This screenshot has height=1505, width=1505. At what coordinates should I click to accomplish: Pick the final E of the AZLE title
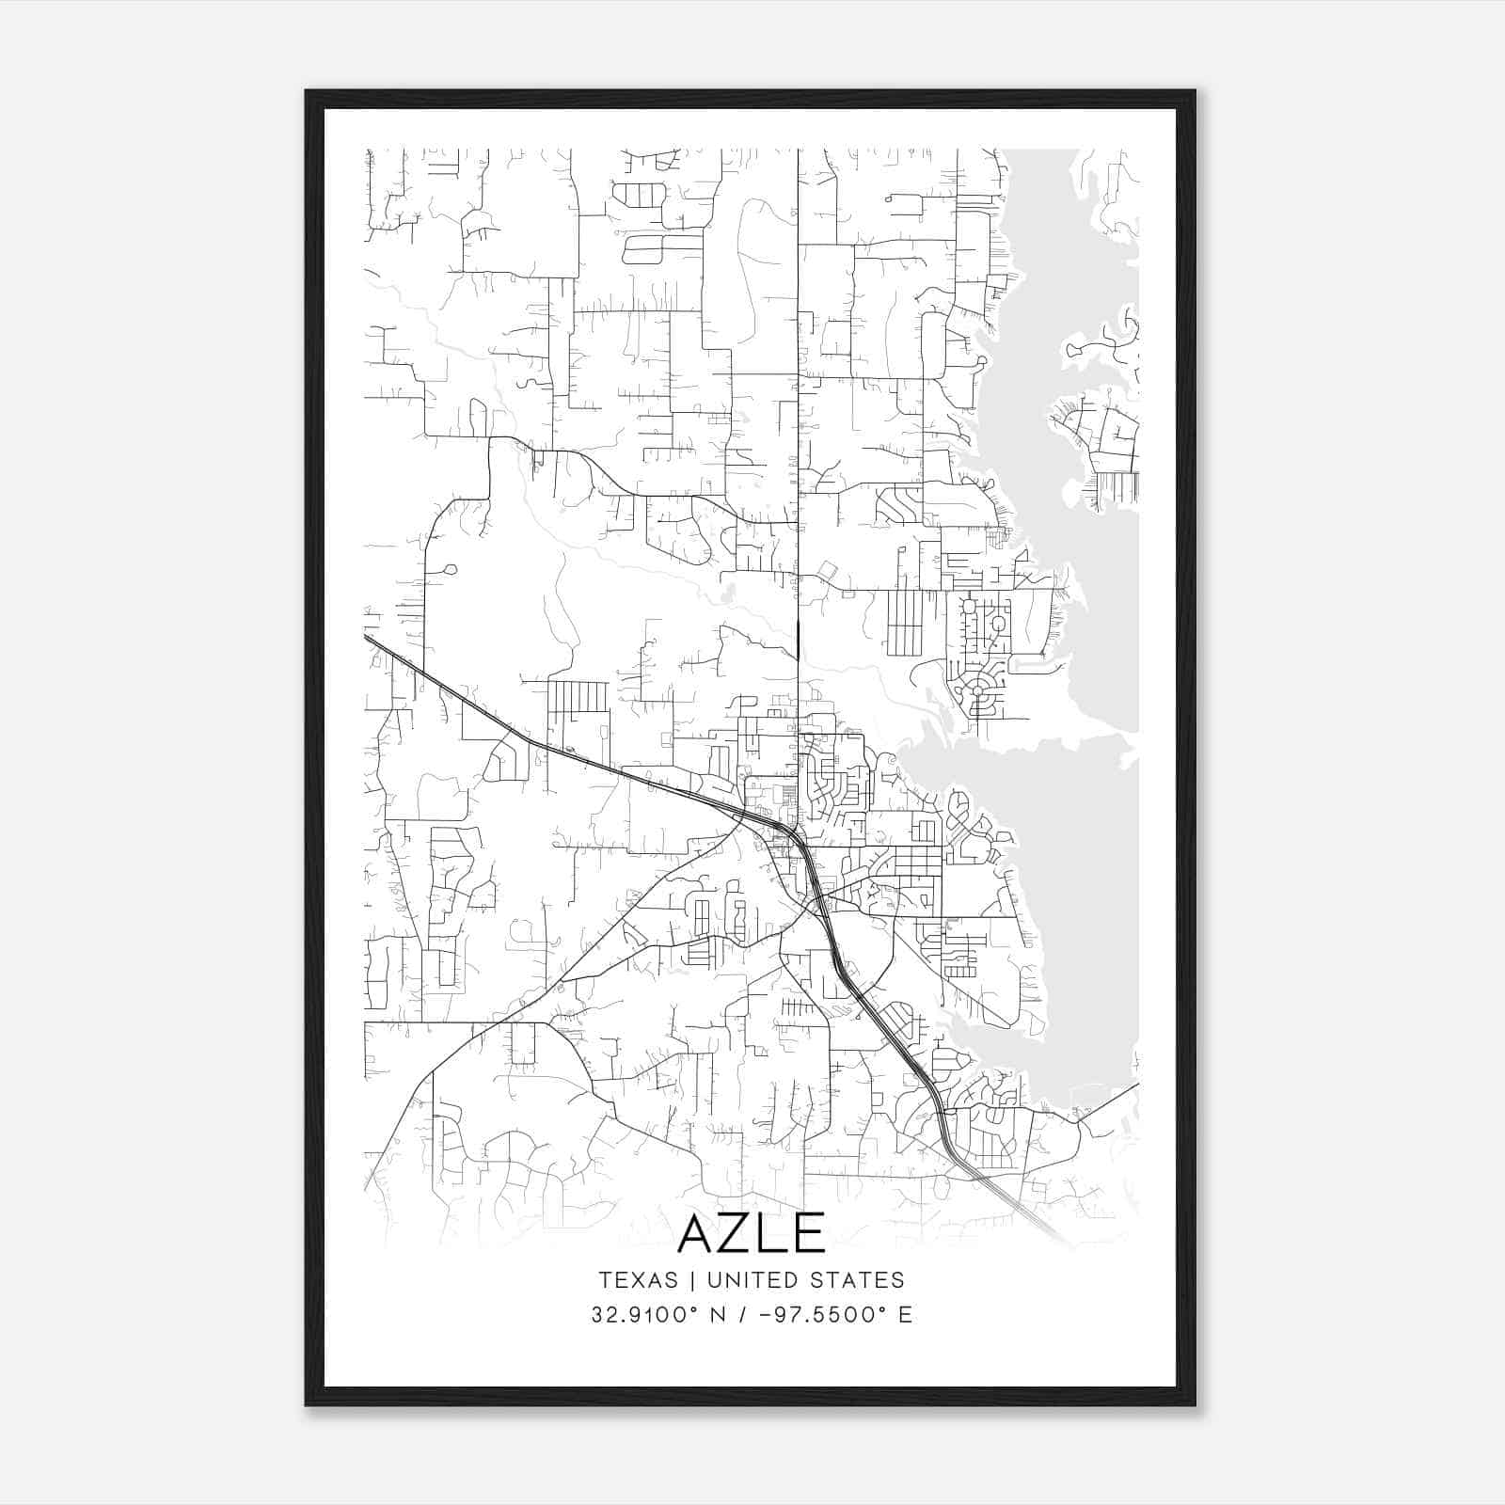point(809,1233)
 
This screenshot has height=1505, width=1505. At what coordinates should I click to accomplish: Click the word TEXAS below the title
point(638,1280)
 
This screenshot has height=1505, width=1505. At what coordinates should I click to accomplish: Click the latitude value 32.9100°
point(646,1315)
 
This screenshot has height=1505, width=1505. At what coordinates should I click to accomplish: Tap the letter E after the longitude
point(905,1315)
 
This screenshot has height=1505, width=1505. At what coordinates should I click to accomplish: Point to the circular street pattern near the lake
point(978,690)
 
